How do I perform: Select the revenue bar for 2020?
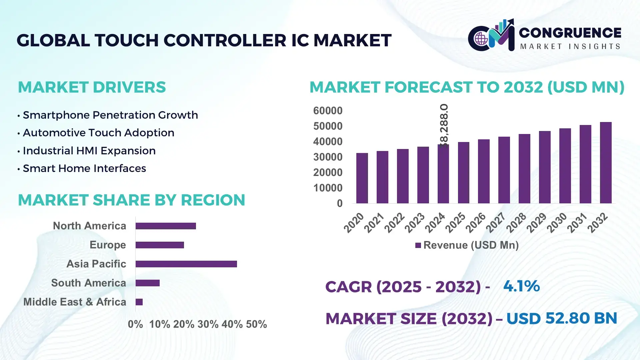pyautogui.click(x=362, y=178)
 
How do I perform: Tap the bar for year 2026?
pyautogui.click(x=484, y=171)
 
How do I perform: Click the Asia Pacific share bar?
pyautogui.click(x=186, y=264)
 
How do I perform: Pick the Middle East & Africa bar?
pyautogui.click(x=139, y=302)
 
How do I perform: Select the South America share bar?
pyautogui.click(x=147, y=283)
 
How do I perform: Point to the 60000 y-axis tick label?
pyautogui.click(x=327, y=111)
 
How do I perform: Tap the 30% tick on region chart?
pyautogui.click(x=208, y=324)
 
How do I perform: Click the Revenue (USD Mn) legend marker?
pyautogui.click(x=418, y=245)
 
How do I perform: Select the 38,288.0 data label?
pyautogui.click(x=444, y=125)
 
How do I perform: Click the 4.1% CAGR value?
pyautogui.click(x=521, y=286)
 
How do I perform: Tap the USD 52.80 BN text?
pyautogui.click(x=561, y=318)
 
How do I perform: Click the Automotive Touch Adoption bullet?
pyautogui.click(x=98, y=133)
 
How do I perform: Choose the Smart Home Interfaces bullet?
pyautogui.click(x=84, y=168)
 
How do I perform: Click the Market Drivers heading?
pyautogui.click(x=92, y=87)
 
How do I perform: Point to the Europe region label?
pyautogui.click(x=107, y=245)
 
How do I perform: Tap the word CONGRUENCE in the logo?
pyautogui.click(x=570, y=33)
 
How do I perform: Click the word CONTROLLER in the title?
pyautogui.click(x=224, y=40)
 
